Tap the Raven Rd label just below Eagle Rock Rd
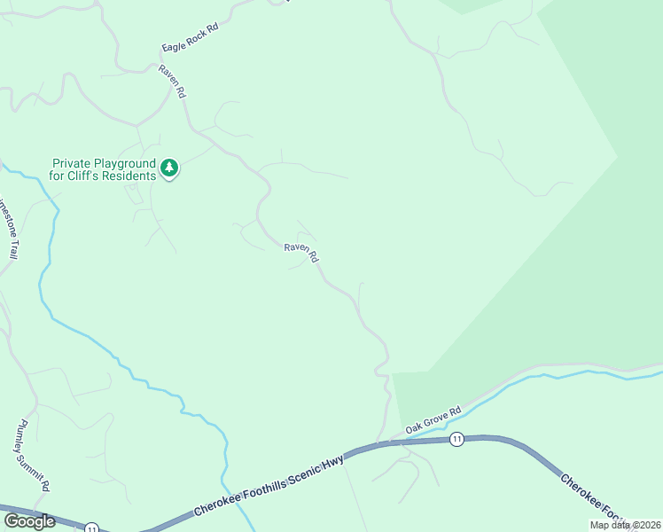pos(172,81)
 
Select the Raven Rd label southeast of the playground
pos(301,252)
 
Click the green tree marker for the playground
pos(169,168)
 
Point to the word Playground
pos(115,163)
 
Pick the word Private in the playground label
pos(71,163)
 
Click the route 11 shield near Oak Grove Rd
pos(456,440)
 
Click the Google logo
pos(30,520)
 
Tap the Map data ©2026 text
pos(624,525)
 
